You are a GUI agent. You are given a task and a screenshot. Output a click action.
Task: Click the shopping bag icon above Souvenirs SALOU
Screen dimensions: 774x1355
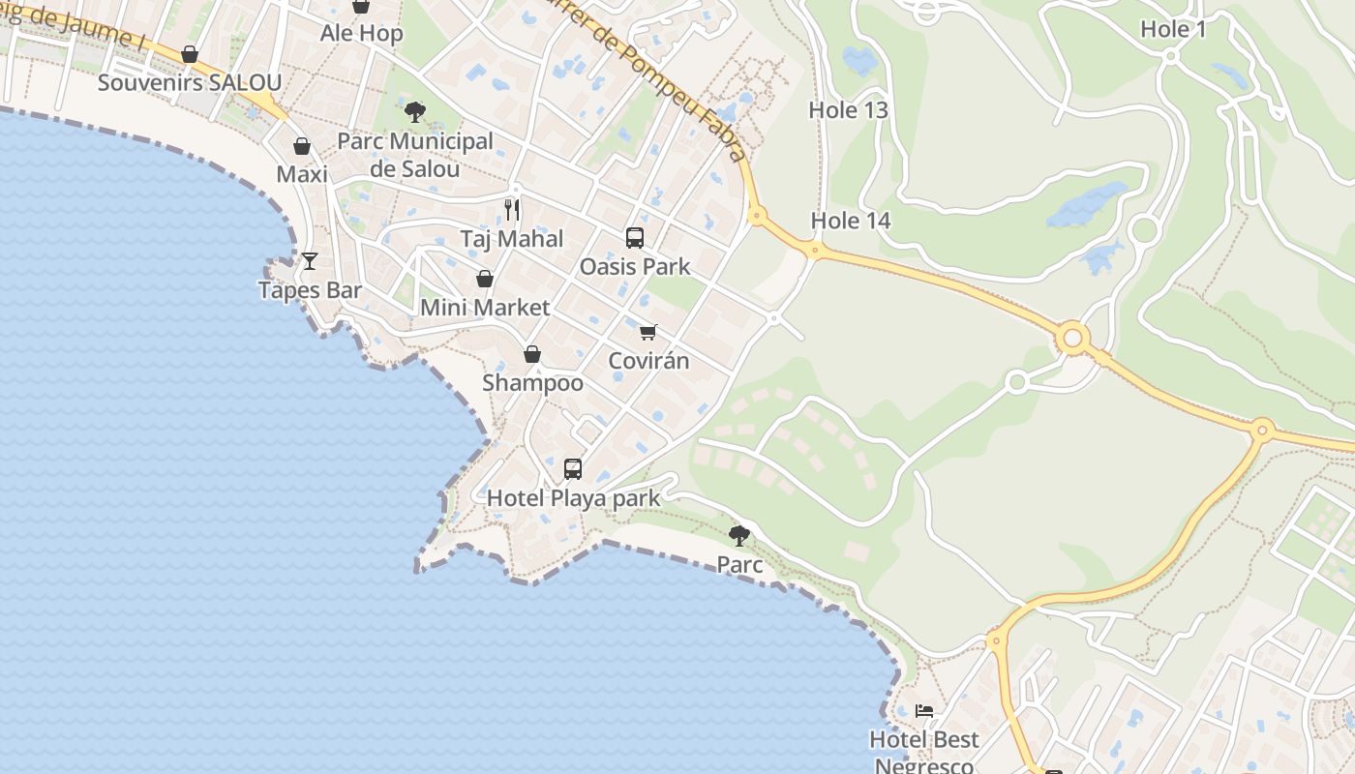[190, 54]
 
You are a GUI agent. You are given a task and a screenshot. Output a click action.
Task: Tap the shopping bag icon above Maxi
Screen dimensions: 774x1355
[302, 146]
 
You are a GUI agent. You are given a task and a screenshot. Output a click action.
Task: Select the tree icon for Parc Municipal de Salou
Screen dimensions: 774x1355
[415, 112]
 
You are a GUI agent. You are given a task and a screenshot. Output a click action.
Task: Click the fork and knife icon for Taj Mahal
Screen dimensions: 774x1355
[512, 209]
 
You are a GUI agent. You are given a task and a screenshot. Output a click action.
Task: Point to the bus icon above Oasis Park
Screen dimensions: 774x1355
[635, 237]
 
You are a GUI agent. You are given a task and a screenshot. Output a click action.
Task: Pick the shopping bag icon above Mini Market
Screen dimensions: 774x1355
[485, 279]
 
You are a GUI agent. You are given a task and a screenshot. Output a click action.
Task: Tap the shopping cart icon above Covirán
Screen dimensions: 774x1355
[648, 333]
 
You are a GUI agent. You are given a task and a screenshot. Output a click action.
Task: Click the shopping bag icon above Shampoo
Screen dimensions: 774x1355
[532, 354]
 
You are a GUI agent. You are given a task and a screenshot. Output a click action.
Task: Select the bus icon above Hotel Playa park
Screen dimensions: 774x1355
[573, 469]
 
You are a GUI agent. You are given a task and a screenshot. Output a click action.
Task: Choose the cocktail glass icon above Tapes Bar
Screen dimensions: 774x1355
[310, 260]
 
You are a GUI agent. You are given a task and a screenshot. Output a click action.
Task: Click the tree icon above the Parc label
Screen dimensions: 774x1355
[739, 535]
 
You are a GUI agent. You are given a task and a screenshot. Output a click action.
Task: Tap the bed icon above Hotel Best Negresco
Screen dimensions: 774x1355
[924, 711]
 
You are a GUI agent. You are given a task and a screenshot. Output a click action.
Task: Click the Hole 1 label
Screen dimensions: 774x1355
[1173, 29]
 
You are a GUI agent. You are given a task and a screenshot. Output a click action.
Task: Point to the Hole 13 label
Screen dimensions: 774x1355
[848, 110]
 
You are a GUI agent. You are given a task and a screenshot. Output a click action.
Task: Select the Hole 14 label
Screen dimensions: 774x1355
[850, 221]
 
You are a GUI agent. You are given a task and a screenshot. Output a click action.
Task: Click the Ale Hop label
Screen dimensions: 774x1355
[361, 33]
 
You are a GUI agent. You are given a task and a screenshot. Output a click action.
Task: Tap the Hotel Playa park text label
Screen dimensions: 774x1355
[573, 498]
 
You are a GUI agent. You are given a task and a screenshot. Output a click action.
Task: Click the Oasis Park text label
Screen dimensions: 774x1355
[635, 266]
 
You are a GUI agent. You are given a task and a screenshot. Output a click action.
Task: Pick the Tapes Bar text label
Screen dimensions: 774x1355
[310, 290]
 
